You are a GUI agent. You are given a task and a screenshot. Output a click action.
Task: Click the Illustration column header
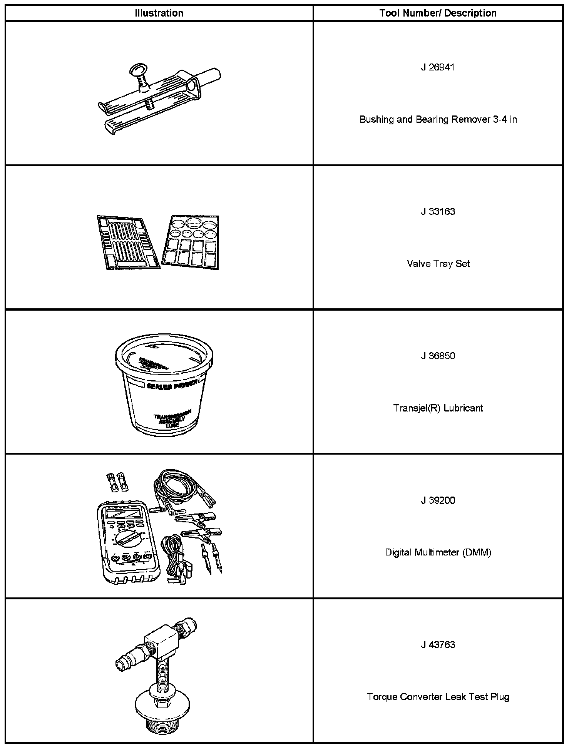(159, 13)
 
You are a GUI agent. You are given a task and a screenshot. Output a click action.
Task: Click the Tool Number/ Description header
(438, 13)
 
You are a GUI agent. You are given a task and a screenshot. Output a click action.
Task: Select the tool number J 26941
(438, 67)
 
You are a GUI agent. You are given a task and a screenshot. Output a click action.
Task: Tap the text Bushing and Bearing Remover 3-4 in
(438, 119)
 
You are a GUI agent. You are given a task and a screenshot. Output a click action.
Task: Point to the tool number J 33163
(438, 212)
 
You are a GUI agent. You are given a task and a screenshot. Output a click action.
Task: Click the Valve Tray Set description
(438, 264)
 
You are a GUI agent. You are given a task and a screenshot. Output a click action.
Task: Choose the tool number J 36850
(438, 356)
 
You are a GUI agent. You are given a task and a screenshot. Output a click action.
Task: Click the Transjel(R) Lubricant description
(438, 408)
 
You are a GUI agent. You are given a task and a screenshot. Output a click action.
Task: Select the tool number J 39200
(438, 500)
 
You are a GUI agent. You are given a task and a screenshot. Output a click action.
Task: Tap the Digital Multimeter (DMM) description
(438, 552)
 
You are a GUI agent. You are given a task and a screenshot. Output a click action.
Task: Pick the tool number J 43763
(438, 645)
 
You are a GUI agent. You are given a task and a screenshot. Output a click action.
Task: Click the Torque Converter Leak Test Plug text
(438, 697)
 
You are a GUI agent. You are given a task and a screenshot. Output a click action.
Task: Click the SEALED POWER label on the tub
(172, 384)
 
